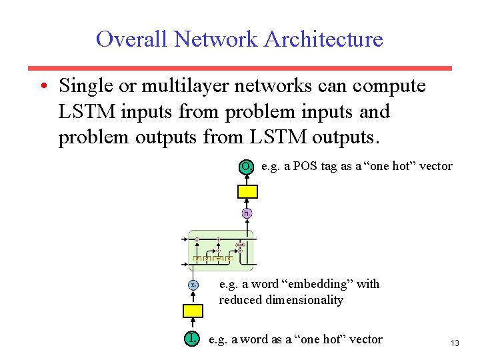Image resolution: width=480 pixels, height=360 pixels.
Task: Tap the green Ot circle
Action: click(247, 167)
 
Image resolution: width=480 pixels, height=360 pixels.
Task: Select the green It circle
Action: click(193, 339)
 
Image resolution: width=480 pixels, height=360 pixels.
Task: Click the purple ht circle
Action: click(247, 213)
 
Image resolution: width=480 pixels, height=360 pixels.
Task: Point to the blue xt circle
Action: click(193, 285)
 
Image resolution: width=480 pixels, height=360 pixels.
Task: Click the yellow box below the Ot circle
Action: click(248, 191)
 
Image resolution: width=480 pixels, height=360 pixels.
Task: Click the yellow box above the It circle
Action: click(193, 311)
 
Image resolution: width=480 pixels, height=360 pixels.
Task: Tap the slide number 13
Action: click(455, 343)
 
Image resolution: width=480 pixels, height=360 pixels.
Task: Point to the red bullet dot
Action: click(42, 87)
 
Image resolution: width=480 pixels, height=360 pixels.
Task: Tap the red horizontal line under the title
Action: click(239, 68)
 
